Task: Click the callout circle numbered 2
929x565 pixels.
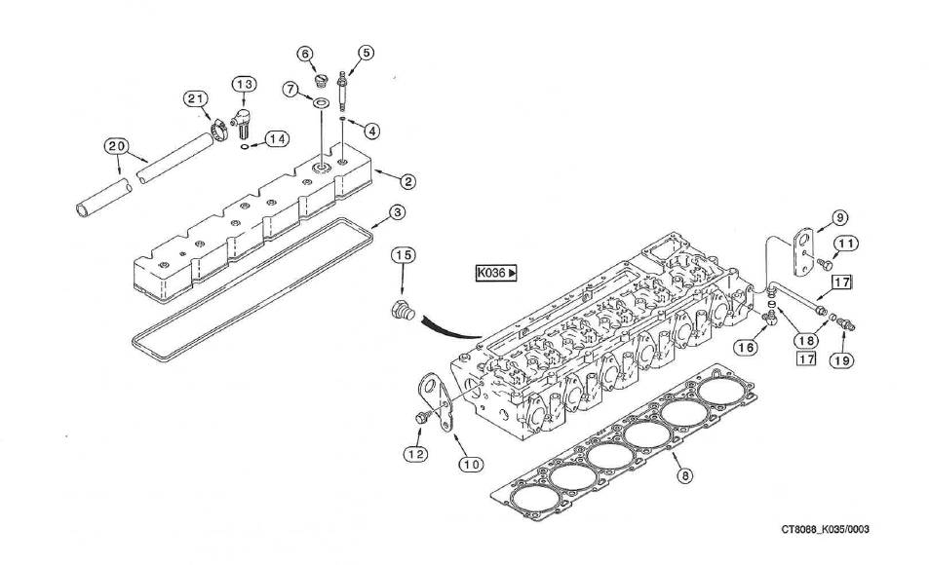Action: (x=408, y=181)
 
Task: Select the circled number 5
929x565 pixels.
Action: (x=366, y=53)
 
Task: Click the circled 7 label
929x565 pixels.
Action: (x=290, y=89)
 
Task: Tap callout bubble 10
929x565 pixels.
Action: (x=472, y=465)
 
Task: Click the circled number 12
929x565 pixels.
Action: (x=416, y=453)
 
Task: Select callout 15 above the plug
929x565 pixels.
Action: (x=403, y=255)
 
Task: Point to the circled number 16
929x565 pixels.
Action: (x=749, y=347)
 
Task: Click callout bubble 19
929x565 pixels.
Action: (x=840, y=360)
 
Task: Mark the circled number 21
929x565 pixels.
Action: (x=197, y=98)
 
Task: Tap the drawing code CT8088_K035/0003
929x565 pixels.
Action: (x=824, y=530)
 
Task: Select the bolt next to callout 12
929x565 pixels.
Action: (x=423, y=417)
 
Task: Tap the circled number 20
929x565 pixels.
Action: (x=117, y=146)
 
